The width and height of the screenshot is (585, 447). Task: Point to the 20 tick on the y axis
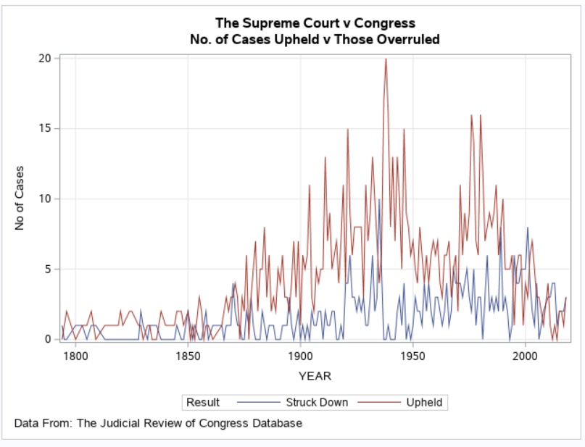(x=45, y=58)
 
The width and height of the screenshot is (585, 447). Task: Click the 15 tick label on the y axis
(x=45, y=128)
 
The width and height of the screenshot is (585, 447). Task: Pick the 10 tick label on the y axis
(x=45, y=199)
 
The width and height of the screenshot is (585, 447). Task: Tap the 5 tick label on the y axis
(x=48, y=269)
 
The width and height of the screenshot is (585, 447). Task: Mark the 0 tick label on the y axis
(x=48, y=339)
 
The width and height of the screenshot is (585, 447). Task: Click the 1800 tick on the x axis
(x=75, y=356)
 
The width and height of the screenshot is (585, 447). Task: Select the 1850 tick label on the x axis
(x=188, y=356)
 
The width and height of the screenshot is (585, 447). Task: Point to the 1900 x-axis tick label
(x=300, y=356)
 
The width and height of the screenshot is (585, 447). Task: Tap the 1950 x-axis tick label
(x=412, y=356)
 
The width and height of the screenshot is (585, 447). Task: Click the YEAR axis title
(x=315, y=376)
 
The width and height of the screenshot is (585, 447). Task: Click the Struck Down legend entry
(x=316, y=402)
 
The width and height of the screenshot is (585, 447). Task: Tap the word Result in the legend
(x=203, y=402)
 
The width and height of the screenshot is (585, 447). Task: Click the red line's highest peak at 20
(x=386, y=59)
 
